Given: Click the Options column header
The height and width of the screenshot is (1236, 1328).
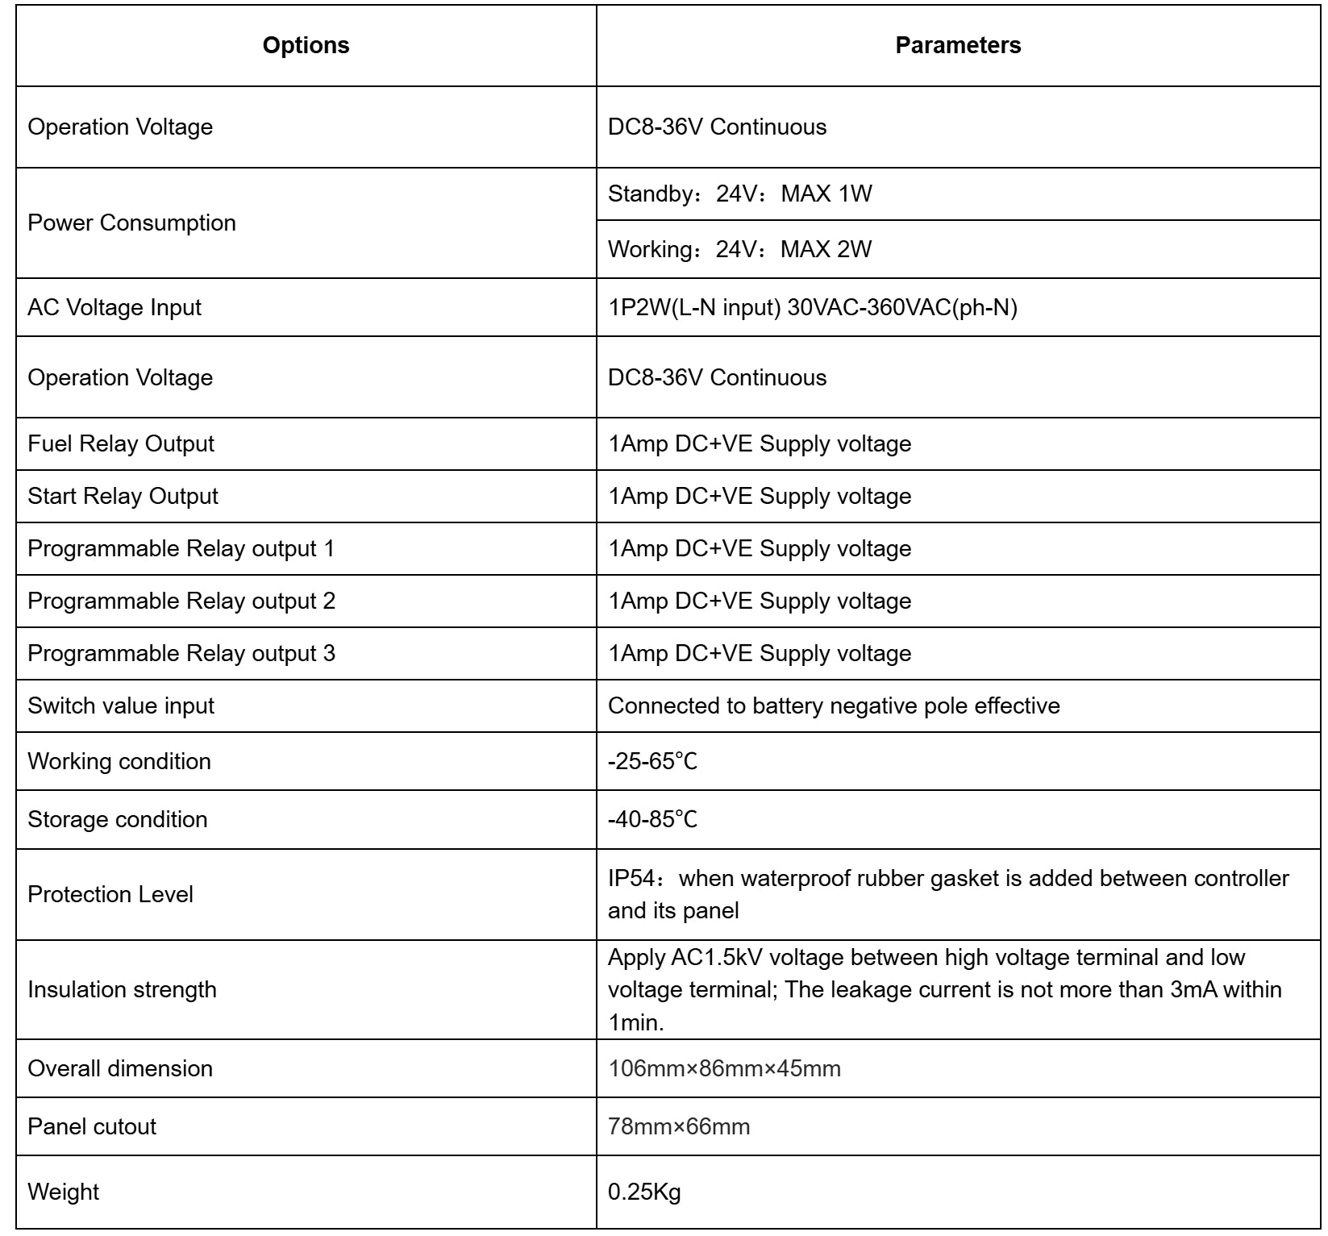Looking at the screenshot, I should [306, 45].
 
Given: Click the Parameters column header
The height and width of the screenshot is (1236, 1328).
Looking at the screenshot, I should [958, 45].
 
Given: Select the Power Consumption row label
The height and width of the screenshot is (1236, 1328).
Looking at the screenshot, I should [131, 223].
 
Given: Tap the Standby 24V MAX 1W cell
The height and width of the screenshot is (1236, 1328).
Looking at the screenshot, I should [739, 194].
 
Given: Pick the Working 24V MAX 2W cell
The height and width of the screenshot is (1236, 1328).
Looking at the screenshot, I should [739, 249].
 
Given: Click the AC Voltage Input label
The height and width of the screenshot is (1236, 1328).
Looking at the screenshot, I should [114, 307].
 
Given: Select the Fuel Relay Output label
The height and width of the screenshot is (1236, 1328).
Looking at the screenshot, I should [121, 443].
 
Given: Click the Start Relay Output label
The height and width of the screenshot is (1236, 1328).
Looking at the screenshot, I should [123, 496].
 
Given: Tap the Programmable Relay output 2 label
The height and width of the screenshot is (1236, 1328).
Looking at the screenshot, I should [181, 601].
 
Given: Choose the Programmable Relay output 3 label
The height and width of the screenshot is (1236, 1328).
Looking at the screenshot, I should [181, 653].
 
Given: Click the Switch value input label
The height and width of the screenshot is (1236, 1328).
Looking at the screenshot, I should [121, 705].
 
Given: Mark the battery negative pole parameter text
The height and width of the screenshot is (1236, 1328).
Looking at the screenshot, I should [834, 705].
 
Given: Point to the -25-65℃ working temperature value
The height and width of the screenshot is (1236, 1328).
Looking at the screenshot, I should [652, 761].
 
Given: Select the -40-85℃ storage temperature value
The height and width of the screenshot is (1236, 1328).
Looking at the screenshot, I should [652, 819].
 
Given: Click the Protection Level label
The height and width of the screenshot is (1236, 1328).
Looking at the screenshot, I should [110, 894].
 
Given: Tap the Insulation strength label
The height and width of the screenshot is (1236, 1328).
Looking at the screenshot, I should [122, 989].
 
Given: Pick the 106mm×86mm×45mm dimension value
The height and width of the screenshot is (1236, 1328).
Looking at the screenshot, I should [724, 1068].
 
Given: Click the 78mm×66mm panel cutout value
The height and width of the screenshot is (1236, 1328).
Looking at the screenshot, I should [679, 1126].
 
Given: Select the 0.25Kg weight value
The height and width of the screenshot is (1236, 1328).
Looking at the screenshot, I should [644, 1192].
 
